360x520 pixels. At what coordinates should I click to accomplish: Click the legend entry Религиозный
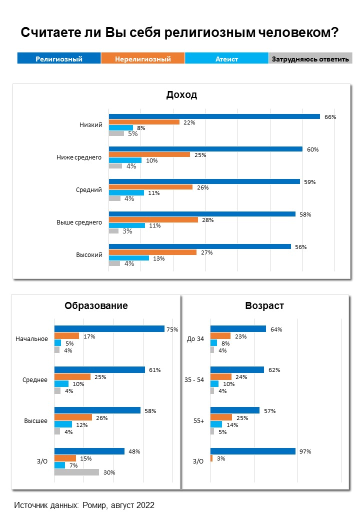point(59,58)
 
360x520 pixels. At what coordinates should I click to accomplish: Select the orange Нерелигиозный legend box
point(143,58)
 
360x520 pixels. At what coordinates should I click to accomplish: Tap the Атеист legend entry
point(226,58)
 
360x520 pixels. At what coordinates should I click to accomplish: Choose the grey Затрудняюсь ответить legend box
point(309,58)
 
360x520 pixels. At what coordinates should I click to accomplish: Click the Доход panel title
point(181,95)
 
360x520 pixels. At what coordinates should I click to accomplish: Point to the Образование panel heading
point(96,305)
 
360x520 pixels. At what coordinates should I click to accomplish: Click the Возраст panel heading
point(264,305)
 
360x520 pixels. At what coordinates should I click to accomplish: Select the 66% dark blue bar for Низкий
point(214,116)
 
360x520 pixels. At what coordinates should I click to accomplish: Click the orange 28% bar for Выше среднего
point(153,219)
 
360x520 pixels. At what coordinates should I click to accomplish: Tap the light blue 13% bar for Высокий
point(128,258)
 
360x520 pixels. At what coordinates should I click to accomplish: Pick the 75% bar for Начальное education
point(109,328)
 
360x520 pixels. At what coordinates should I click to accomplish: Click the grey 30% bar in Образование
point(76,472)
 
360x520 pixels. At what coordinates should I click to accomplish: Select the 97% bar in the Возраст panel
point(252,451)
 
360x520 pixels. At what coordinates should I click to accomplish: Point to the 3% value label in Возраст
point(221,458)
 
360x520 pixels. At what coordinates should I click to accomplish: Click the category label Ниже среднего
point(79,157)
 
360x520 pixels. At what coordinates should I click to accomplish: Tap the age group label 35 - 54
point(195,379)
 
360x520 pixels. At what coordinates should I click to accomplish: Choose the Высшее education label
point(36,420)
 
